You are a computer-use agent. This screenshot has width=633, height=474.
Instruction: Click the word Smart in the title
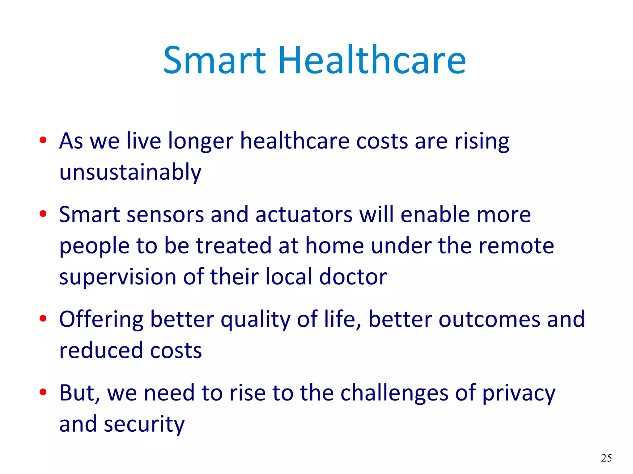pos(214,60)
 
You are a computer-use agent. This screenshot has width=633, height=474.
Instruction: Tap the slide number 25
pos(606,458)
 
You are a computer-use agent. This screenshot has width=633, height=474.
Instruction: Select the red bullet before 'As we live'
pos(43,140)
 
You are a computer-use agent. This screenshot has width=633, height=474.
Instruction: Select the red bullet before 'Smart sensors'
pos(43,214)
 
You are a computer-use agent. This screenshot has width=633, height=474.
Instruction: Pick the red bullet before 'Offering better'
pos(43,318)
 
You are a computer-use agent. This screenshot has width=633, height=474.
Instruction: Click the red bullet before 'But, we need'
pos(43,392)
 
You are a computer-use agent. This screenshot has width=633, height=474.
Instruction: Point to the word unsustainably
pos(130,172)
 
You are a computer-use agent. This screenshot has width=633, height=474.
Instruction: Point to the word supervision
pos(118,277)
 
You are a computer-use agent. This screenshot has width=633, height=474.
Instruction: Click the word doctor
pos(353,277)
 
